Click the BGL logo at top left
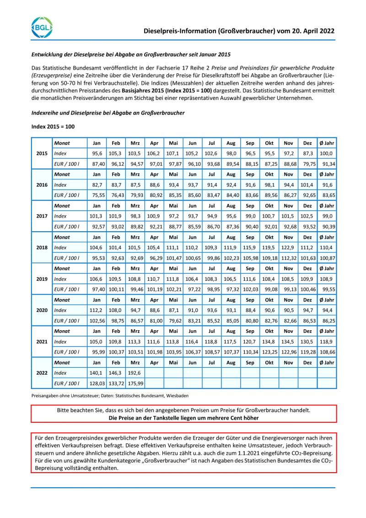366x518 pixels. coord(42,27)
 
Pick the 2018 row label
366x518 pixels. coord(42,247)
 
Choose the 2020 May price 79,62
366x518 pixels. coord(173,321)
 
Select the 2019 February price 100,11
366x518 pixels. coord(116,289)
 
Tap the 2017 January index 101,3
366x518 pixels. coord(97,216)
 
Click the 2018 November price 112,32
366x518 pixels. coord(288,258)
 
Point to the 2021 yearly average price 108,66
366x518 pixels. coord(327,352)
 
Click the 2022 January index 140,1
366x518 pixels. coord(97,372)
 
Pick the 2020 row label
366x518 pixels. coord(42,310)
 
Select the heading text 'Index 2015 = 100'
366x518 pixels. coord(53,126)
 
